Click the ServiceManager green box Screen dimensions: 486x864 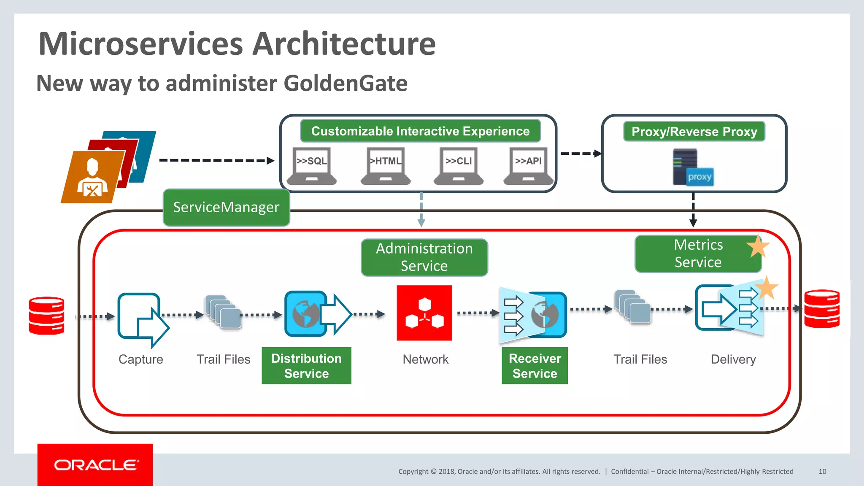[x=226, y=207]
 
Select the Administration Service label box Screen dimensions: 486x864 [x=424, y=257]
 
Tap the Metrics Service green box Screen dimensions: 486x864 [x=698, y=254]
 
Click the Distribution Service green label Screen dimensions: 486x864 [x=306, y=366]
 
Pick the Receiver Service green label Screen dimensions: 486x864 [x=535, y=366]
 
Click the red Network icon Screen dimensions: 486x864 [x=424, y=313]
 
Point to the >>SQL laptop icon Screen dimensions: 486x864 [x=312, y=166]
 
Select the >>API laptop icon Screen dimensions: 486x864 [x=528, y=166]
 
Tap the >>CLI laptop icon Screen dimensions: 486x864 [x=459, y=166]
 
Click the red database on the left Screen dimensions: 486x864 [x=46, y=316]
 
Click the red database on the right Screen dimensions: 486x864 [x=821, y=309]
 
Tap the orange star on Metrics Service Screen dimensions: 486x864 [x=758, y=246]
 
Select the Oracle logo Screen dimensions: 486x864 [x=95, y=465]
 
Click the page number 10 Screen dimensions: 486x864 [x=822, y=472]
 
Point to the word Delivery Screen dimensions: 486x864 [x=733, y=359]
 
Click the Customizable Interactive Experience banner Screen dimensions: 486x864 [x=420, y=131]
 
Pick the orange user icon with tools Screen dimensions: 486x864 [x=92, y=177]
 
